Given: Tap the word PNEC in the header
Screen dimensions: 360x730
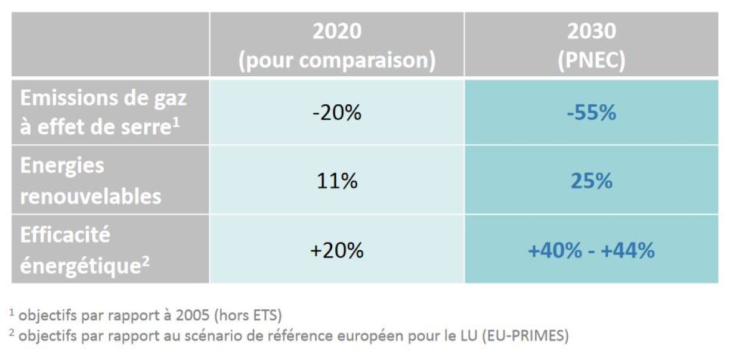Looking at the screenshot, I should click(x=590, y=61).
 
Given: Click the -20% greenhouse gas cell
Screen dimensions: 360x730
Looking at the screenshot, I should click(x=337, y=113).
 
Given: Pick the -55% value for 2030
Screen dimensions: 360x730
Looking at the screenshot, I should click(x=591, y=113).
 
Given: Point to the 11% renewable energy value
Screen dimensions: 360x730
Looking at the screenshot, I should click(x=337, y=181).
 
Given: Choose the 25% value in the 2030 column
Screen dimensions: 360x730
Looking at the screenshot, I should click(x=591, y=181).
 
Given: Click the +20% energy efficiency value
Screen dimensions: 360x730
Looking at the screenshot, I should click(x=337, y=250).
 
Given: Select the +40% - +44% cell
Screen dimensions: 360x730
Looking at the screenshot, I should click(x=591, y=250).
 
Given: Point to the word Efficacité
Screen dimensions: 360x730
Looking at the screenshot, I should click(x=65, y=235).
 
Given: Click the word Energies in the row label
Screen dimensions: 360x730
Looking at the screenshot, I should click(x=62, y=166).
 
